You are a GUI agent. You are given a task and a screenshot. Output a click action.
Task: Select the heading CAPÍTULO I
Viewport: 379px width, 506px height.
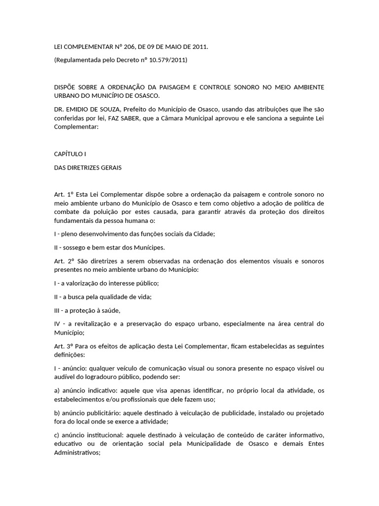[70, 154]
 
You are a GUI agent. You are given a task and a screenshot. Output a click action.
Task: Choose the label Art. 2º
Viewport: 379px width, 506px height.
[65, 261]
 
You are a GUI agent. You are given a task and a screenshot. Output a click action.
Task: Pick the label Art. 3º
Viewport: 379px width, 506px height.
[65, 347]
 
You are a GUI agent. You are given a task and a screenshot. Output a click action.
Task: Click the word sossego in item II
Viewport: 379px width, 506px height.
[73, 248]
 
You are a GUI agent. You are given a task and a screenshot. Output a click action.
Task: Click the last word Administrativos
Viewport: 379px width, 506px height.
[76, 452]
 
